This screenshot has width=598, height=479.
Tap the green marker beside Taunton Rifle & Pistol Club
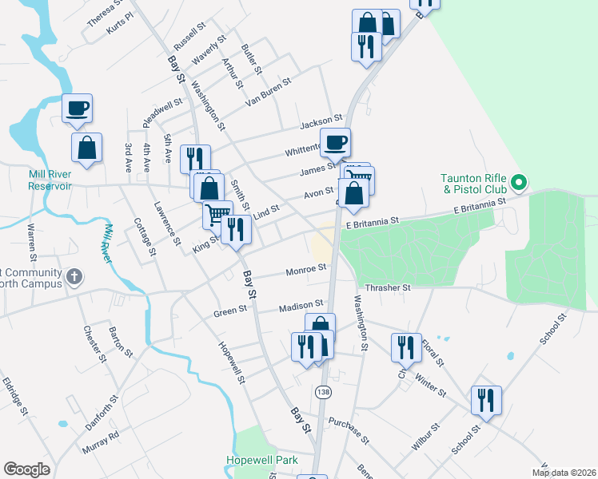pyautogui.click(x=519, y=184)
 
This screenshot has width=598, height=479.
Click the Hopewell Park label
pyautogui.click(x=261, y=461)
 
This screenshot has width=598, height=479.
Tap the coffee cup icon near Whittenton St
pyautogui.click(x=335, y=142)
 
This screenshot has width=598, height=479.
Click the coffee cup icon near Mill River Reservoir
pyautogui.click(x=78, y=108)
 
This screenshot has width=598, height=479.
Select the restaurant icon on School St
pyautogui.click(x=485, y=400)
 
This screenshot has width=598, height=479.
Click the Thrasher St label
pyautogui.click(x=387, y=287)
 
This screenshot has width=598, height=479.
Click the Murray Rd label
pyautogui.click(x=102, y=440)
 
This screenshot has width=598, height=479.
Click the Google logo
pyautogui.click(x=27, y=469)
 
